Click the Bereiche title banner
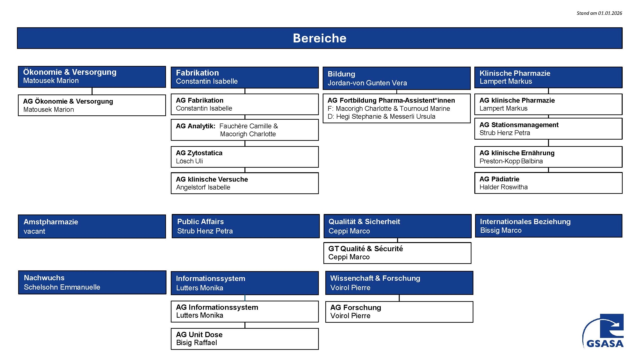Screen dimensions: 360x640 coord(320,38)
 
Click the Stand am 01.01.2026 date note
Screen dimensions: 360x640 coord(599,13)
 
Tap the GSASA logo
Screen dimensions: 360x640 coord(603,331)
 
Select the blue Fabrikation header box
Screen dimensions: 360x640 coord(245,77)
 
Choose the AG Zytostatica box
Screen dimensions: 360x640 coord(245,157)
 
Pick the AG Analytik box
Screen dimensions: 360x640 coord(245,130)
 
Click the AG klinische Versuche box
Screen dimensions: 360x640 coord(245,183)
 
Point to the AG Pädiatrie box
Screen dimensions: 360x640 coord(548,183)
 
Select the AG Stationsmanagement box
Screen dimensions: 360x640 coord(548,129)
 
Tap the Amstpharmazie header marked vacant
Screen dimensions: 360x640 coord(92,226)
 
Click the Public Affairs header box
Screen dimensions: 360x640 coord(245,226)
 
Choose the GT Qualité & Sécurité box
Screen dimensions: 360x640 coord(397,253)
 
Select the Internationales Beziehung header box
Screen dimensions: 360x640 coord(548,226)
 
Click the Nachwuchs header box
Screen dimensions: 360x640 coord(92,282)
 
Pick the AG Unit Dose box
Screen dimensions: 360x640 coord(245,339)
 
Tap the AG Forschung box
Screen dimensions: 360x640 coord(399,312)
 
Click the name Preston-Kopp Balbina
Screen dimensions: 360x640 coord(511,161)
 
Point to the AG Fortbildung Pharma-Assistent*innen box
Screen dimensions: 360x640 coord(396,108)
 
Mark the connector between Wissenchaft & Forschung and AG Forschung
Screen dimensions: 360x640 coord(399,298)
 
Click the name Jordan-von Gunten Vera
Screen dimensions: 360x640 coord(367,83)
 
